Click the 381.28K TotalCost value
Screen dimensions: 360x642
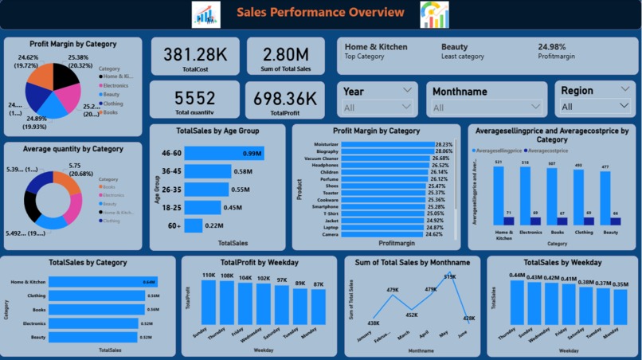pos(194,54)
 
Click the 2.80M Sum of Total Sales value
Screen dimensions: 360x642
pos(286,54)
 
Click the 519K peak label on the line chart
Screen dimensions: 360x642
pos(450,277)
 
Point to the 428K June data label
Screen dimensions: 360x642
pos(468,318)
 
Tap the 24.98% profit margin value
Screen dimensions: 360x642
pos(557,47)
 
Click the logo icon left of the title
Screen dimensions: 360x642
pos(206,14)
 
